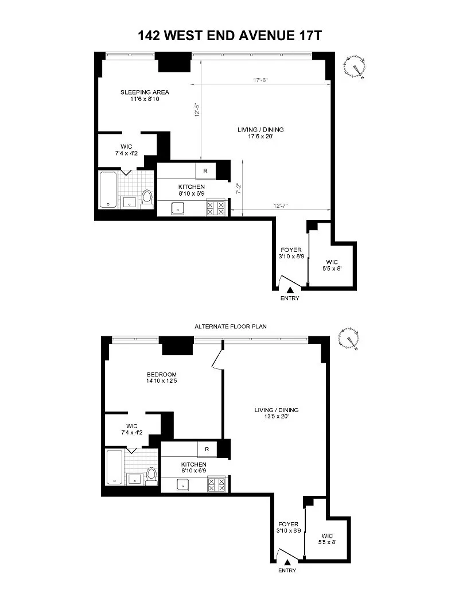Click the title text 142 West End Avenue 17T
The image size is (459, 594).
(x=229, y=36)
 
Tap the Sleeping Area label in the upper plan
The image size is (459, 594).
(x=145, y=92)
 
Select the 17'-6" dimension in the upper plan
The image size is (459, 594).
(x=260, y=80)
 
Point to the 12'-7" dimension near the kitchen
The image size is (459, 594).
(x=281, y=205)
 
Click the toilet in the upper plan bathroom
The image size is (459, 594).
(x=146, y=199)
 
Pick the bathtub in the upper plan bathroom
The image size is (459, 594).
(x=108, y=190)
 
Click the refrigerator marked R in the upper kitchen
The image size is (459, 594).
(x=205, y=171)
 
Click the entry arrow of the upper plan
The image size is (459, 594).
(x=290, y=290)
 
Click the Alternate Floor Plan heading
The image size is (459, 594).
(x=231, y=326)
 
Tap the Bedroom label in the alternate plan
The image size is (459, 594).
(x=162, y=374)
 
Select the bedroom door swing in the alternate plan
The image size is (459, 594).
(x=217, y=358)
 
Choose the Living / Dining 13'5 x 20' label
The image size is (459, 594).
(x=277, y=413)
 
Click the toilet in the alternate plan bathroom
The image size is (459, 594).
(x=151, y=476)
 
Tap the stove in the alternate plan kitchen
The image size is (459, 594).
(x=216, y=486)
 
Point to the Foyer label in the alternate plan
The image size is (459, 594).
(x=289, y=525)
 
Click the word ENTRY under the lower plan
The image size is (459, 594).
(x=287, y=570)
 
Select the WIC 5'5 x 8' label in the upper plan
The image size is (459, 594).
(x=332, y=265)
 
